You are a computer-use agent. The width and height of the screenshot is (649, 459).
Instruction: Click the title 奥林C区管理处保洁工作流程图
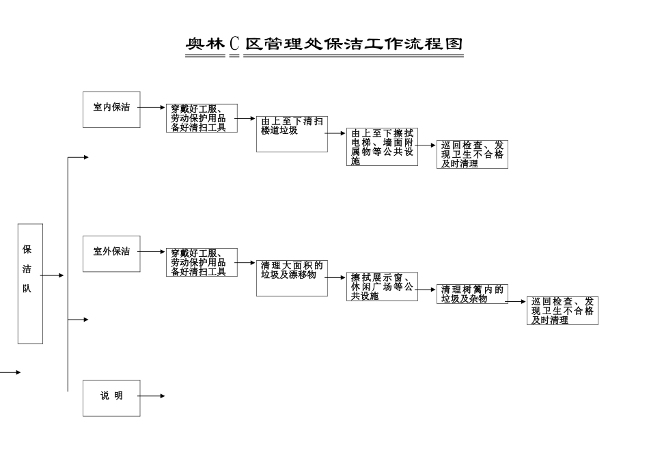pyautogui.click(x=324, y=44)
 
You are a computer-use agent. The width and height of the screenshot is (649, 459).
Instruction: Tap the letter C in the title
pyautogui.click(x=234, y=44)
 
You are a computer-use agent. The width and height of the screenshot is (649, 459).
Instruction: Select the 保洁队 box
pyautogui.click(x=30, y=283)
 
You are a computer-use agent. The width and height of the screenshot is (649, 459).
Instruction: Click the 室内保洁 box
pyautogui.click(x=111, y=109)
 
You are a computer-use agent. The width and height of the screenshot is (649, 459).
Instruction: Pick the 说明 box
pyautogui.click(x=111, y=398)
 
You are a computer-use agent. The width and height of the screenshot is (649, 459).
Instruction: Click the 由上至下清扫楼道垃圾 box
pyautogui.click(x=292, y=134)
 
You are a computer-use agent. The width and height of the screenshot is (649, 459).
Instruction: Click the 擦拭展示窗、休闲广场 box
pyautogui.click(x=382, y=287)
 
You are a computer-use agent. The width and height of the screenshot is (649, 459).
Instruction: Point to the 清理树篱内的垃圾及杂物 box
pyautogui.click(x=472, y=294)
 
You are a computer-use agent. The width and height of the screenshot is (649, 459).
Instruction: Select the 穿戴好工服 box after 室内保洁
pyautogui.click(x=202, y=118)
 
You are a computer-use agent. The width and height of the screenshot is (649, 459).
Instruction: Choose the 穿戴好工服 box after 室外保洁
pyautogui.click(x=202, y=262)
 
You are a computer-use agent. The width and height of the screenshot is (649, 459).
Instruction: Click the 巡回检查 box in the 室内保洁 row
pyautogui.click(x=472, y=154)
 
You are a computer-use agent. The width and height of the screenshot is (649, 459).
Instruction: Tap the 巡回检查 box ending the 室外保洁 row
pyautogui.click(x=562, y=311)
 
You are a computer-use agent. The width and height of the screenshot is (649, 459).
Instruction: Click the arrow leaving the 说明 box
pyautogui.click(x=152, y=396)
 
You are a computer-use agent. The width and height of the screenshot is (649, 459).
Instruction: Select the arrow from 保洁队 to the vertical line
pyautogui.click(x=53, y=275)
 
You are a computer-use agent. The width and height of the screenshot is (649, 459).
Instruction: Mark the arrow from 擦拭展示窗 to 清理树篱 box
pyautogui.click(x=427, y=289)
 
